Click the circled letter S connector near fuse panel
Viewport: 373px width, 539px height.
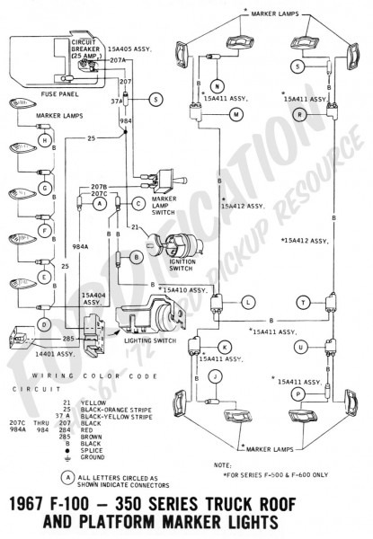click(x=156, y=99)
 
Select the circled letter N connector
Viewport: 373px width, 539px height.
click(x=218, y=86)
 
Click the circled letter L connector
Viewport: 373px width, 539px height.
click(x=247, y=305)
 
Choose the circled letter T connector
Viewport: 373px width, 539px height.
click(x=303, y=305)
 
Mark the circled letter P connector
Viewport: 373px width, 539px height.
click(x=298, y=393)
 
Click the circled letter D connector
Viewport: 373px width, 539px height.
click(x=43, y=323)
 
